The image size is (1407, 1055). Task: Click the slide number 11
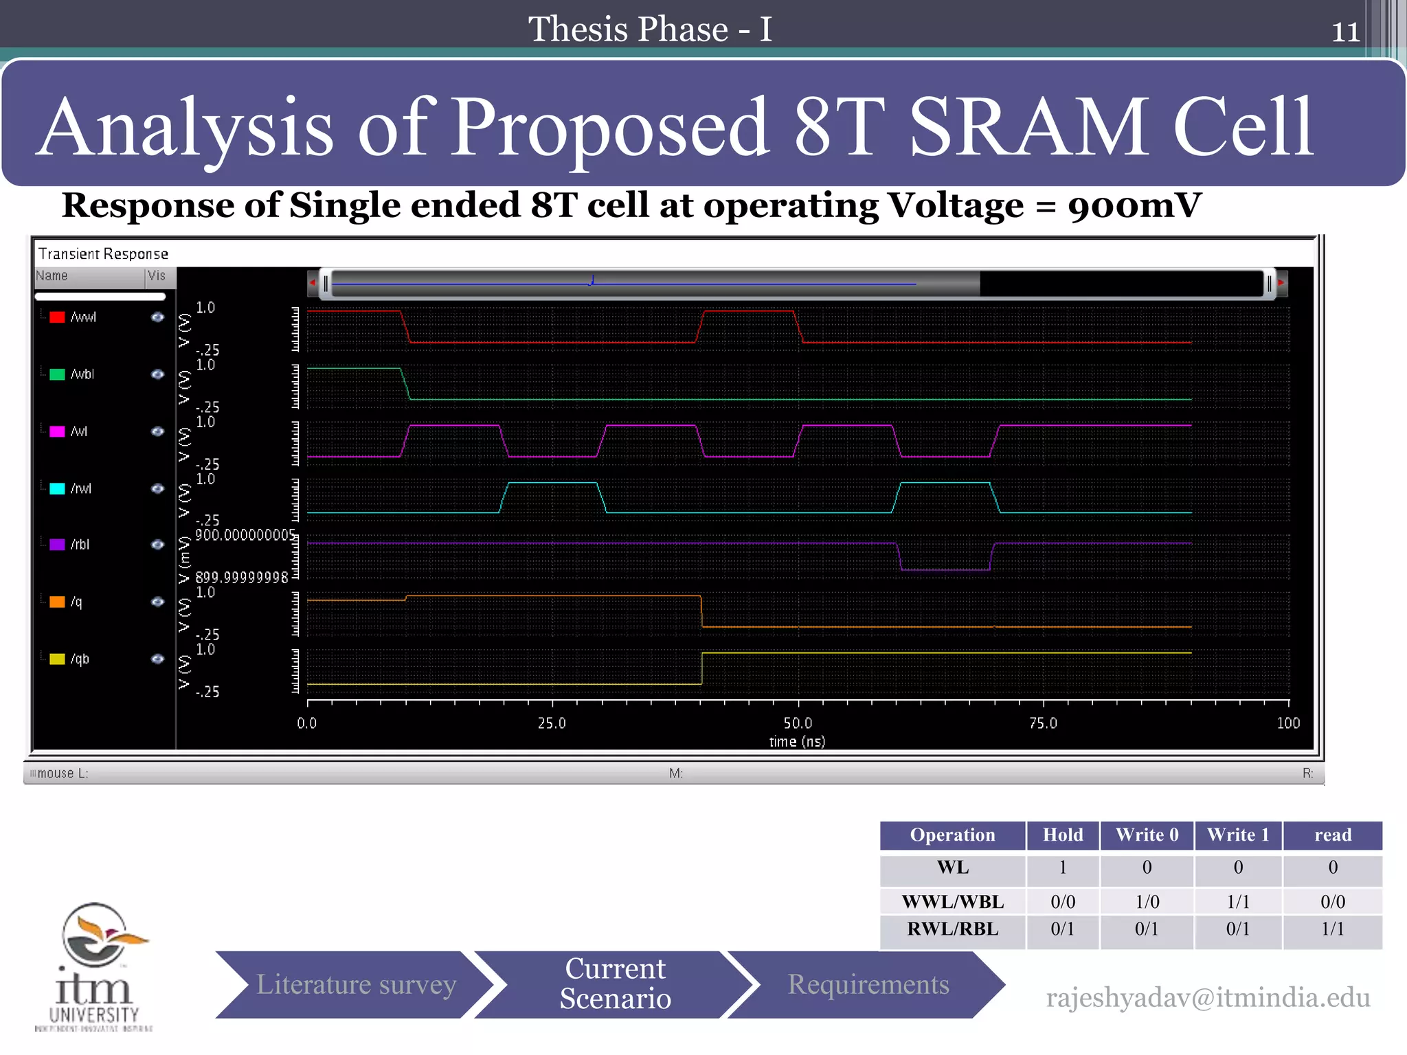[x=1345, y=32]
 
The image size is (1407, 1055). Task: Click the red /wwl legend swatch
[x=58, y=317]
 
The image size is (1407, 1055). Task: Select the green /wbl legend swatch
[x=58, y=374]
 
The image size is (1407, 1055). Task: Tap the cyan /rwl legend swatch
[x=58, y=488]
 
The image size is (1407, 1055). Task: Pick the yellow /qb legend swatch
[x=58, y=659]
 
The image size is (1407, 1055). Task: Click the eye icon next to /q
[x=157, y=602]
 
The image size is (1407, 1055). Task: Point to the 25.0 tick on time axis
[x=552, y=723]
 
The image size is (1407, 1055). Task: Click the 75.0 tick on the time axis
[x=1043, y=723]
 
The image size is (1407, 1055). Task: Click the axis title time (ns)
[x=797, y=742]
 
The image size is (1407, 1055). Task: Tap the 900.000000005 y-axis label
[x=245, y=535]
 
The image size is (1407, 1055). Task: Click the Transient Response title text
[x=103, y=254]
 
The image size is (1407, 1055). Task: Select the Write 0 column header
[x=1147, y=835]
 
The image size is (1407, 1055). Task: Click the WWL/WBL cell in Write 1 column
[x=1238, y=901]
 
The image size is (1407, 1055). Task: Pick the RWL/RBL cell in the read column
[x=1332, y=929]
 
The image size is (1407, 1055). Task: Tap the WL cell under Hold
[x=1062, y=867]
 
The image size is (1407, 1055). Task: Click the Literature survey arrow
[x=356, y=985]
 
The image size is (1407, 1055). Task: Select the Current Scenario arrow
[x=615, y=984]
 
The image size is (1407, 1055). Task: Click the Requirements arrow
[x=868, y=985]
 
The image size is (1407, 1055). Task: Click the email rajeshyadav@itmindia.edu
[x=1208, y=998]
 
